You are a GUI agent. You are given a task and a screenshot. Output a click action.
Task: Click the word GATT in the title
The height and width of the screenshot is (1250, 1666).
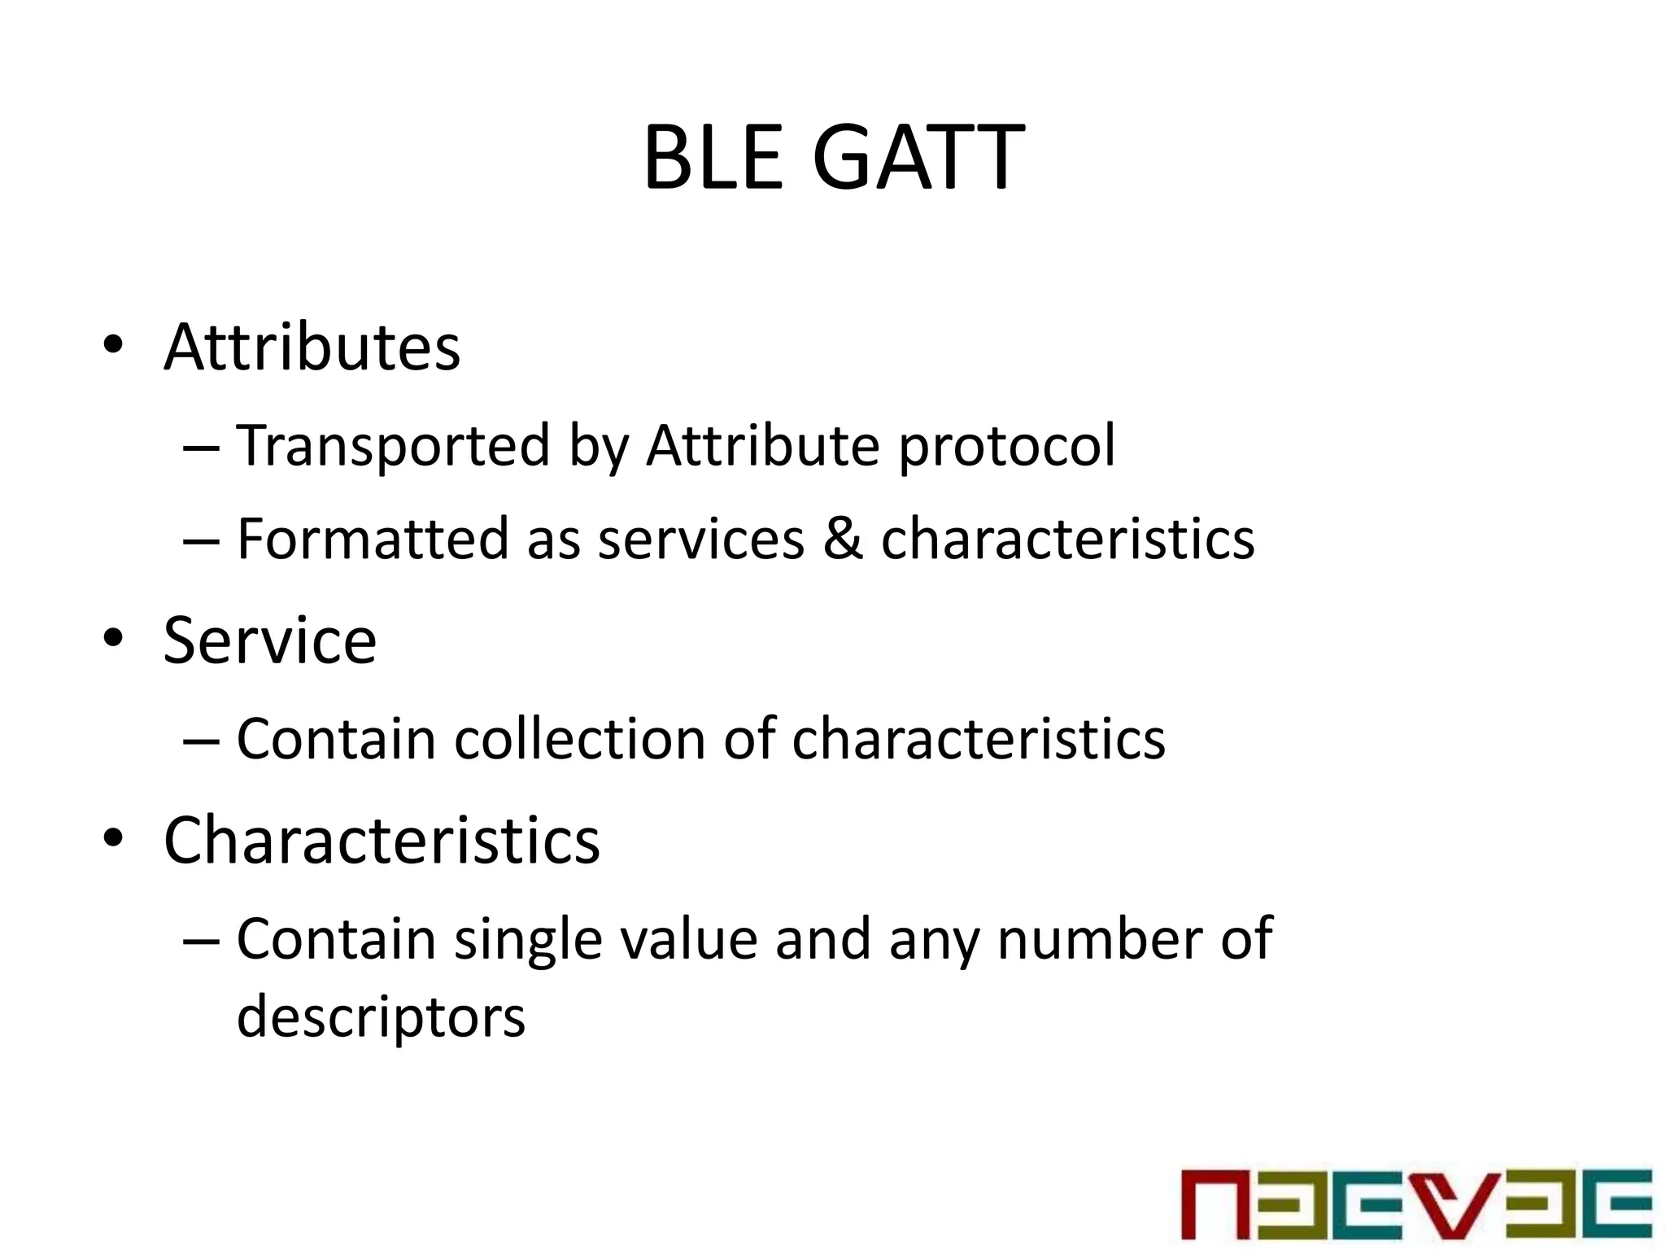(918, 158)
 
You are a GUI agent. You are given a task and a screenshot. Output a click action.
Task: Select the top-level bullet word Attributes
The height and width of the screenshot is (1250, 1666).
(312, 347)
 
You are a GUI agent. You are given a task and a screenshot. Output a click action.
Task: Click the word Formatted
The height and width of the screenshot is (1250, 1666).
(373, 539)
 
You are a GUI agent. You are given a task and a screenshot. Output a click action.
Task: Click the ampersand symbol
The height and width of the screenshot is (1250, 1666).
(842, 539)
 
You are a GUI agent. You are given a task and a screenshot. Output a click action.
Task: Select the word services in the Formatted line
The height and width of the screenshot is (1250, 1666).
(701, 540)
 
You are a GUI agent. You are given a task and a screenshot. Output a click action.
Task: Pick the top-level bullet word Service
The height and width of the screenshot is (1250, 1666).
(269, 641)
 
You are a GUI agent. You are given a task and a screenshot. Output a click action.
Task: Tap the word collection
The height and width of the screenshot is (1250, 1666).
(579, 739)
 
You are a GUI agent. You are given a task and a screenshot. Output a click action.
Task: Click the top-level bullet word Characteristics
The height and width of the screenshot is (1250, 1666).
(382, 841)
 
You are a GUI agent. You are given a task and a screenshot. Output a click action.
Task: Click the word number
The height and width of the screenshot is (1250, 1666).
(1100, 939)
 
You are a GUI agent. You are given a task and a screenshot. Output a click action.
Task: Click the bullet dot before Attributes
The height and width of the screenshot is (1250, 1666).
(113, 346)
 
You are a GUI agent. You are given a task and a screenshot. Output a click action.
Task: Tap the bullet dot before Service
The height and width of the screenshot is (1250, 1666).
(113, 639)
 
